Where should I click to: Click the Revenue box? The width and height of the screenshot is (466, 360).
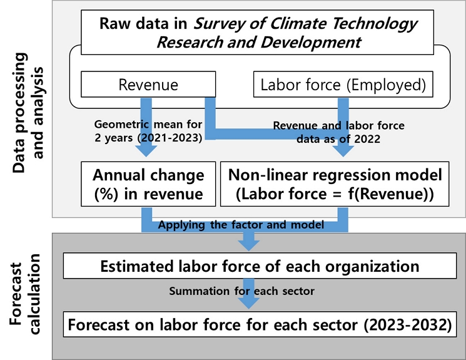148,85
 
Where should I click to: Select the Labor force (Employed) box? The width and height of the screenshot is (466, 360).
343,85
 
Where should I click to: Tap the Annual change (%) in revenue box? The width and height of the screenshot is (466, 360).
148,183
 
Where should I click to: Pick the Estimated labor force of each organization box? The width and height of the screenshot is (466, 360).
260,266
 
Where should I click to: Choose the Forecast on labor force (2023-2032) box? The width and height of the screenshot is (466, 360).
260,326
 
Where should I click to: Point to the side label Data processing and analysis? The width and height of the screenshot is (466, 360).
28,106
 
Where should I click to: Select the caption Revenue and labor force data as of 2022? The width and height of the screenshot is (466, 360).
338,131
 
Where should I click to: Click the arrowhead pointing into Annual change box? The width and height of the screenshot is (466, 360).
148,152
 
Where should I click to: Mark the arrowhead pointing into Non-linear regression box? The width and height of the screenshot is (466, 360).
342,152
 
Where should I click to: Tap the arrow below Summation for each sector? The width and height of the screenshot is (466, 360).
250,301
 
